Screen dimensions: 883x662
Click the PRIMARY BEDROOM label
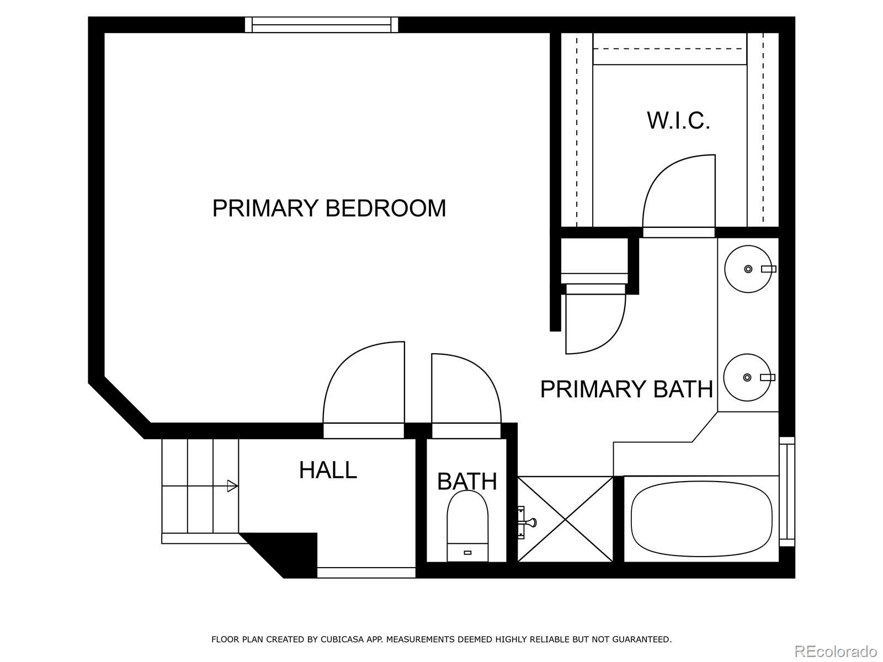pyautogui.click(x=329, y=208)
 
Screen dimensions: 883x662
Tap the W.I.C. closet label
pyautogui.click(x=678, y=120)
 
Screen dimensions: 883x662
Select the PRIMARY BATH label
pyautogui.click(x=626, y=389)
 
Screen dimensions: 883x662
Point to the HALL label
pyautogui.click(x=328, y=469)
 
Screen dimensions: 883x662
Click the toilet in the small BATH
pyautogui.click(x=467, y=526)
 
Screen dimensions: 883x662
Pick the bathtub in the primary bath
pyautogui.click(x=701, y=519)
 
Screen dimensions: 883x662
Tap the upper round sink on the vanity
pyautogui.click(x=748, y=269)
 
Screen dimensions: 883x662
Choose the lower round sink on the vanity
pyautogui.click(x=747, y=377)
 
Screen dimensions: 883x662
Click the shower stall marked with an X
pyautogui.click(x=565, y=519)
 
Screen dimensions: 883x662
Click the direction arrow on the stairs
pyautogui.click(x=200, y=486)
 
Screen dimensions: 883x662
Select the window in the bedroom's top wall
pyautogui.click(x=321, y=24)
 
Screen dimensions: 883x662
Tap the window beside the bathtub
pyautogui.click(x=786, y=491)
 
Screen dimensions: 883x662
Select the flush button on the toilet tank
pyautogui.click(x=467, y=552)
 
